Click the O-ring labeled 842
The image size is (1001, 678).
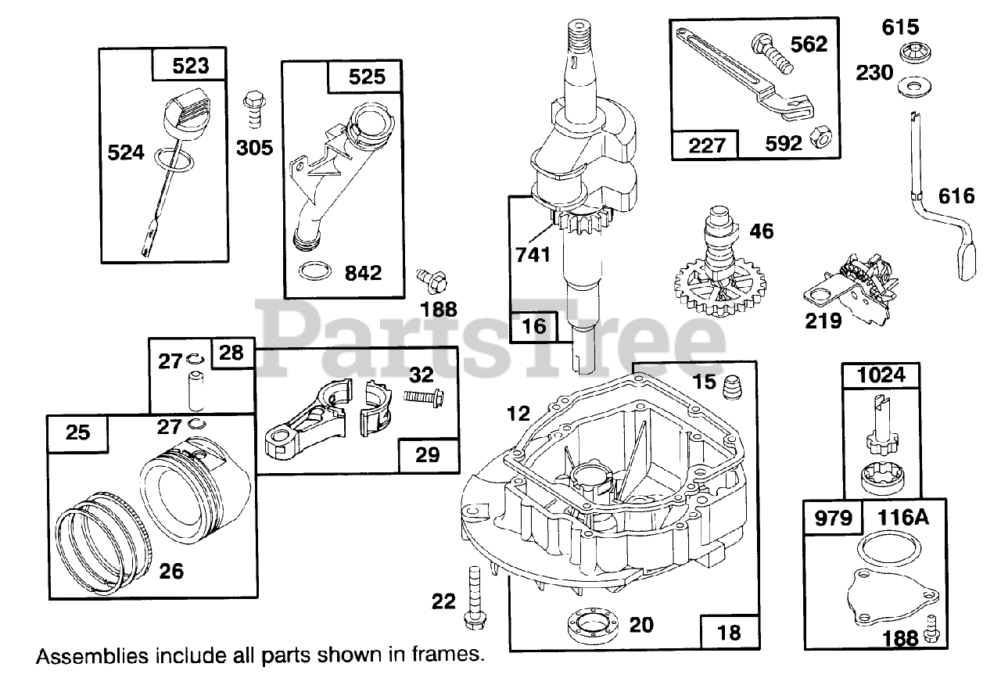[x=314, y=273]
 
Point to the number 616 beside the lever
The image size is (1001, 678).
[x=956, y=195]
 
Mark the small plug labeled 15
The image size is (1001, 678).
[x=733, y=386]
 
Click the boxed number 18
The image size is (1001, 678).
[x=728, y=631]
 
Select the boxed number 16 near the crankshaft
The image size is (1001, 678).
[x=534, y=326]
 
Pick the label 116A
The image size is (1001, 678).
[x=902, y=518]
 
